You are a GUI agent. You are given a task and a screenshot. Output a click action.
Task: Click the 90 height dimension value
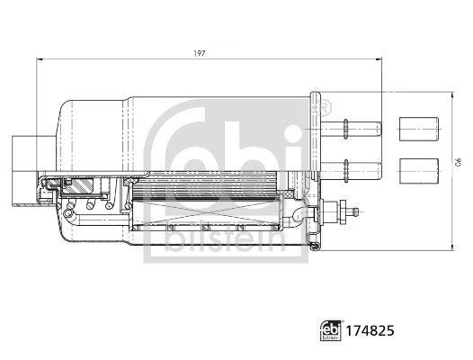[457, 163]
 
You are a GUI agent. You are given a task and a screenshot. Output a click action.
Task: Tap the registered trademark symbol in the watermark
[314, 107]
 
